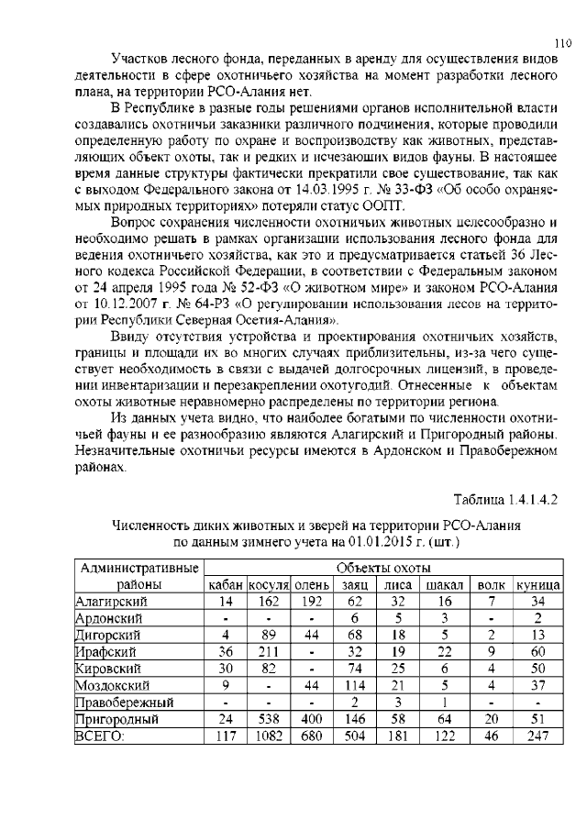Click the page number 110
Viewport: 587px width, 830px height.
click(x=564, y=42)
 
